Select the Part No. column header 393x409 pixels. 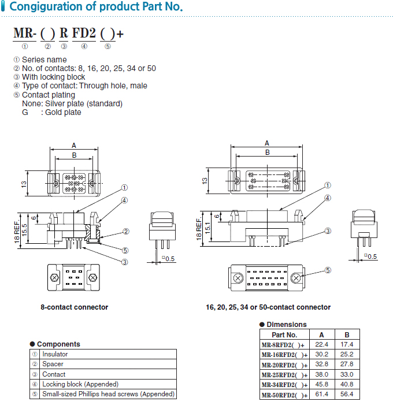pyautogui.click(x=284, y=334)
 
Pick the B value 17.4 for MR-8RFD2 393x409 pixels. pyautogui.click(x=347, y=344)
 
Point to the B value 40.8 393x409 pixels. pyautogui.click(x=347, y=384)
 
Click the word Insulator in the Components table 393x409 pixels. pyautogui.click(x=55, y=354)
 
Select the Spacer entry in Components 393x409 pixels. pyautogui.click(x=53, y=364)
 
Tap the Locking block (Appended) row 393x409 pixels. pyautogui.click(x=80, y=384)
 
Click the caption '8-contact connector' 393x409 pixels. pyautogui.click(x=74, y=307)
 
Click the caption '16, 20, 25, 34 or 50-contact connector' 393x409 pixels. pyautogui.click(x=268, y=307)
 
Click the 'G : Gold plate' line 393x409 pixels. pyautogui.click(x=51, y=112)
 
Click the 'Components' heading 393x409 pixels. pyautogui.click(x=58, y=344)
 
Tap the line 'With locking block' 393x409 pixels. pyautogui.click(x=53, y=77)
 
